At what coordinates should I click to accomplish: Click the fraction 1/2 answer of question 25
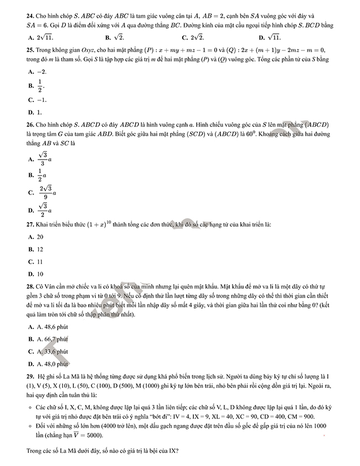(x=40, y=86)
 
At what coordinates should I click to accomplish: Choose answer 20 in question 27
(x=40, y=237)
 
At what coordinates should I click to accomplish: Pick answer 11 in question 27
(x=39, y=262)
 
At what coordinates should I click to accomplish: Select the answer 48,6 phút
(x=52, y=326)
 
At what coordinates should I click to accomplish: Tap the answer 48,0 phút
(x=52, y=364)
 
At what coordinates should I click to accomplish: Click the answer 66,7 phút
(x=52, y=339)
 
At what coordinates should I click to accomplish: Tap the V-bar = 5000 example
(x=52, y=436)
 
